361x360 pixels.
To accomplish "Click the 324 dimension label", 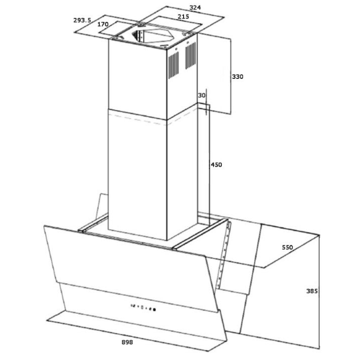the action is pos(195,8).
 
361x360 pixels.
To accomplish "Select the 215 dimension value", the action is pos(183,17).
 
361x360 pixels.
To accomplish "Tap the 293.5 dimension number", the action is pos(82,21).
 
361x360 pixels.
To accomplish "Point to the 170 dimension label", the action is pos(103,24).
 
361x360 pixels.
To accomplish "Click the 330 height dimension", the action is pos(238,77).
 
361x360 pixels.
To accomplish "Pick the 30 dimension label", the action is pos(202,95).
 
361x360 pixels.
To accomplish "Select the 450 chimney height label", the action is pos(216,164).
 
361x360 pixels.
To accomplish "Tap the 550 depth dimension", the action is pos(287,247).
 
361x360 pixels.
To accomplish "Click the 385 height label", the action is pos(312,291).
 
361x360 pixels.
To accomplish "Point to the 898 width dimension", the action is pos(127,342).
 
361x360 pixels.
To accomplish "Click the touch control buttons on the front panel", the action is pos(143,308).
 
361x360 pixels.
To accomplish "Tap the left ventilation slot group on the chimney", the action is pos(174,65).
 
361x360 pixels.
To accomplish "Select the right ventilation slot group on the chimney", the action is pos(191,56).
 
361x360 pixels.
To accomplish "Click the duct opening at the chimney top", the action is pos(152,36).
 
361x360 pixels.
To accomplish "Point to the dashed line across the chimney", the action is pos(152,119).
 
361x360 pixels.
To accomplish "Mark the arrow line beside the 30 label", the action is pos(206,102).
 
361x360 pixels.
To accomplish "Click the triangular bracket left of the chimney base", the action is pos(102,206).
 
